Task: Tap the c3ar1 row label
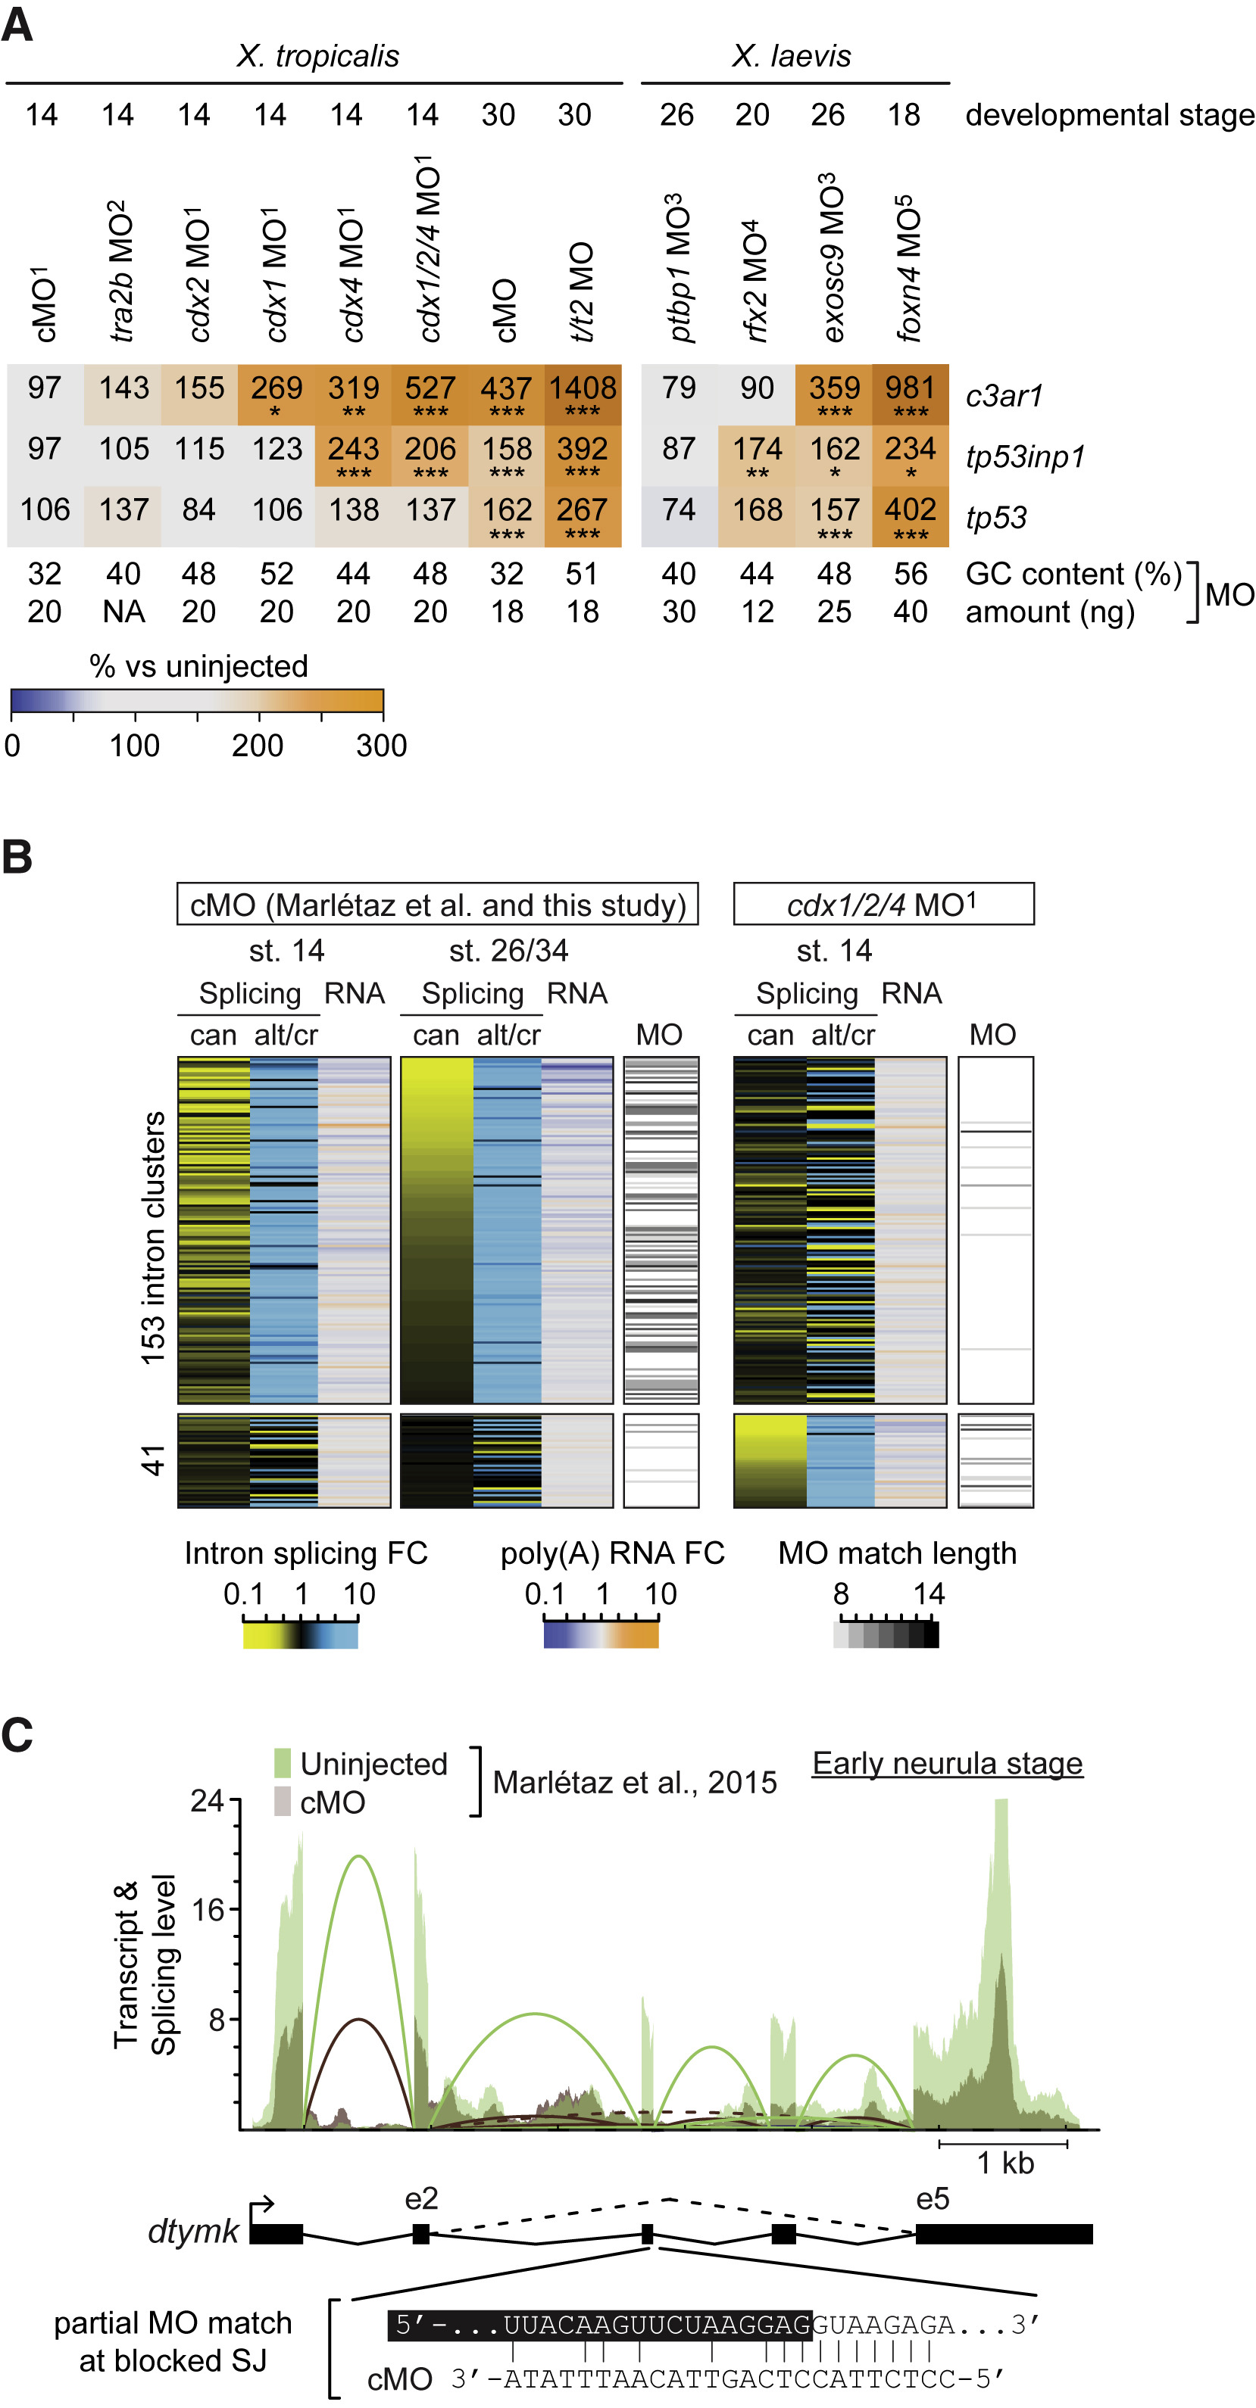1004,397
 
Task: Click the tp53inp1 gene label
1025,457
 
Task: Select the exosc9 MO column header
833,258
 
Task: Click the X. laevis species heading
791,56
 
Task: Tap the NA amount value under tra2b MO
123,612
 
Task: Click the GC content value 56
910,574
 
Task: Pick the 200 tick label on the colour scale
258,746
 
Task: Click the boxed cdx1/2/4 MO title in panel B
883,904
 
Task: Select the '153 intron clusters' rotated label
152,1238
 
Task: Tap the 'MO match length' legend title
897,1553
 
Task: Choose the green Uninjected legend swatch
283,1763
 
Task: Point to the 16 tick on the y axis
208,1910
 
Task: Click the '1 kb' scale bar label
1005,2163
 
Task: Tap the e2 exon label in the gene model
421,2198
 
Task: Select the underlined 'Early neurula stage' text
946,1763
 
